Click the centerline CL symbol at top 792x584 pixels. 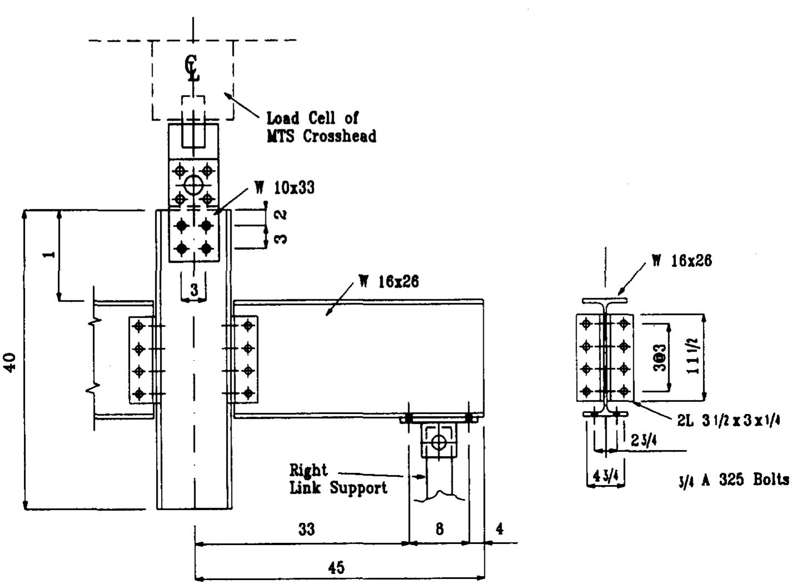pos(193,69)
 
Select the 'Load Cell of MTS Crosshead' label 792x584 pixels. pos(320,127)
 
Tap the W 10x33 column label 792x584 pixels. pos(285,188)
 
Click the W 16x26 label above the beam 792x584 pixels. pos(389,281)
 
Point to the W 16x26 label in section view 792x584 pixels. pos(682,260)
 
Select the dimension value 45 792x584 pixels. pos(336,567)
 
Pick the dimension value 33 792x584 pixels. pos(306,530)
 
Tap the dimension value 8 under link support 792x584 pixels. pos(439,530)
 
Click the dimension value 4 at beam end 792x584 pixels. pos(499,529)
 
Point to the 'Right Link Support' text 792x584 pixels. pos(338,479)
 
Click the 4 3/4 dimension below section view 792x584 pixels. pos(606,477)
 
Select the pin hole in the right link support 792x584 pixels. pos(439,442)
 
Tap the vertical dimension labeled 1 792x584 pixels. pos(49,255)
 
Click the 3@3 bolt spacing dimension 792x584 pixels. pos(661,358)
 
